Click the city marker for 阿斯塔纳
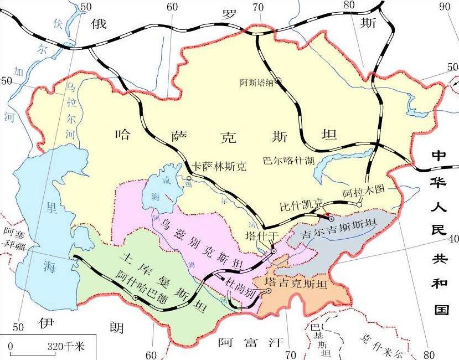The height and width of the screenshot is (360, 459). pyautogui.click(x=278, y=81)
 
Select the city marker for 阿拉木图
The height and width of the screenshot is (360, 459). pyautogui.click(x=359, y=205)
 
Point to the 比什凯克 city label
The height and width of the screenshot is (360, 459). pyautogui.click(x=301, y=205)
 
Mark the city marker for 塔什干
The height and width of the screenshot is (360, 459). pyautogui.click(x=273, y=251)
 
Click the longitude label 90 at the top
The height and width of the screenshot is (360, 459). pyautogui.click(x=445, y=7)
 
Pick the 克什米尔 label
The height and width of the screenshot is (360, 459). pyautogui.click(x=381, y=343)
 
